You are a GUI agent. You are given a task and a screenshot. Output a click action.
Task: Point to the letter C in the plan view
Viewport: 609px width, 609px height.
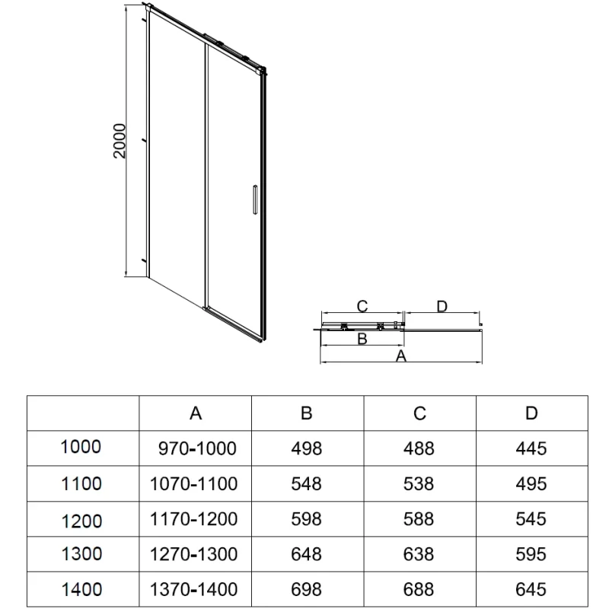pyautogui.click(x=362, y=306)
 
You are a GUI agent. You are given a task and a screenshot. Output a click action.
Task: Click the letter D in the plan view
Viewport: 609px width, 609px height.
pyautogui.click(x=442, y=306)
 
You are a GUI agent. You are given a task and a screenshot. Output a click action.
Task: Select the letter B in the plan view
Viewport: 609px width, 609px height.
pyautogui.click(x=362, y=339)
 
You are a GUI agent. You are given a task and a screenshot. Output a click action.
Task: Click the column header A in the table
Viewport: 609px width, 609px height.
pyautogui.click(x=196, y=413)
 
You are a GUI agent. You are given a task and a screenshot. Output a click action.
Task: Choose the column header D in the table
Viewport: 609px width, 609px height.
pyautogui.click(x=531, y=413)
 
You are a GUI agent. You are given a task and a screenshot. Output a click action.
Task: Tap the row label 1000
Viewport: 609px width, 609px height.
pyautogui.click(x=80, y=448)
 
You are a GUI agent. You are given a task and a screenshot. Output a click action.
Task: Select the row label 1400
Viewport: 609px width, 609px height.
pyautogui.click(x=80, y=588)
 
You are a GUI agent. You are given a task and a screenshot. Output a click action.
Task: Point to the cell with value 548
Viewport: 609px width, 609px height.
pyautogui.click(x=306, y=483)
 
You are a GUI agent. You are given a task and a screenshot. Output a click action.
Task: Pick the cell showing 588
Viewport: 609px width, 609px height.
pyautogui.click(x=419, y=518)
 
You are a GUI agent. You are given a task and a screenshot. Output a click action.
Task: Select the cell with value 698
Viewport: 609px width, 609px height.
pyautogui.click(x=306, y=588)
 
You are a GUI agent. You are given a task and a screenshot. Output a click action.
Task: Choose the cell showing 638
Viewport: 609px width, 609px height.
pyautogui.click(x=419, y=553)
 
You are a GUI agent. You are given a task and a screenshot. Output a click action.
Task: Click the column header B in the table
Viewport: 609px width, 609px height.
pyautogui.click(x=306, y=413)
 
